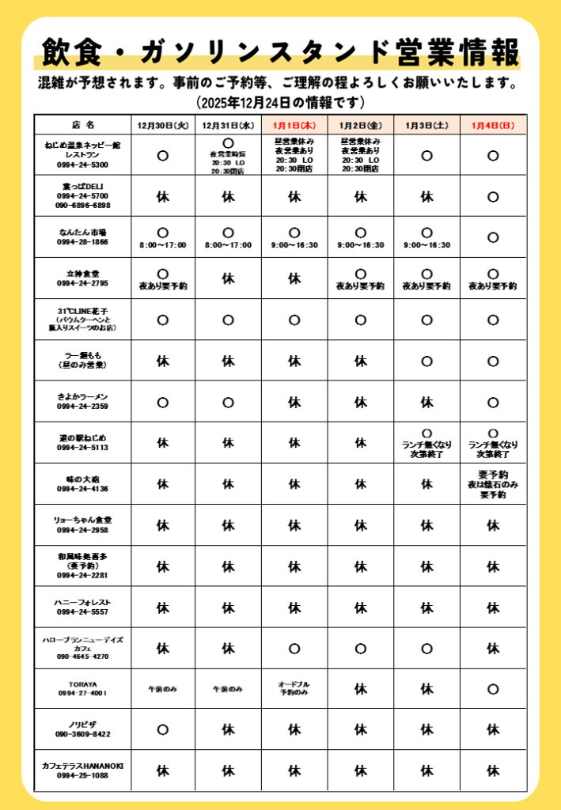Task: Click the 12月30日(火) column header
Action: (162, 125)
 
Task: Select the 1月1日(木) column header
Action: (294, 125)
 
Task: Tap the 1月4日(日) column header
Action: (493, 125)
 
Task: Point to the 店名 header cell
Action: (82, 125)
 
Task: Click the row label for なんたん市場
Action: (82, 237)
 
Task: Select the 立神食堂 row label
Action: (82, 278)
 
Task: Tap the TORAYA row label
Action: (82, 688)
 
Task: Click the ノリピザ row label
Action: (82, 729)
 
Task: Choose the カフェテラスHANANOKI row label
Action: (82, 770)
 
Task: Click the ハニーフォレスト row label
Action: (82, 607)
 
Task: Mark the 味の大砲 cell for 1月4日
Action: (493, 484)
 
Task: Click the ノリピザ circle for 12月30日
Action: (162, 729)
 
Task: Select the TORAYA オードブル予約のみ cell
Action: (294, 688)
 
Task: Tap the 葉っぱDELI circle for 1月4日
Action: (493, 196)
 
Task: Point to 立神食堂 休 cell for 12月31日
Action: (229, 278)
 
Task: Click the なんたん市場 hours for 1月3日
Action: (426, 245)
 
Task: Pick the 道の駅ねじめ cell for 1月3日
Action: (426, 444)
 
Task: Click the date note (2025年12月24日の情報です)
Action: (280, 102)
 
